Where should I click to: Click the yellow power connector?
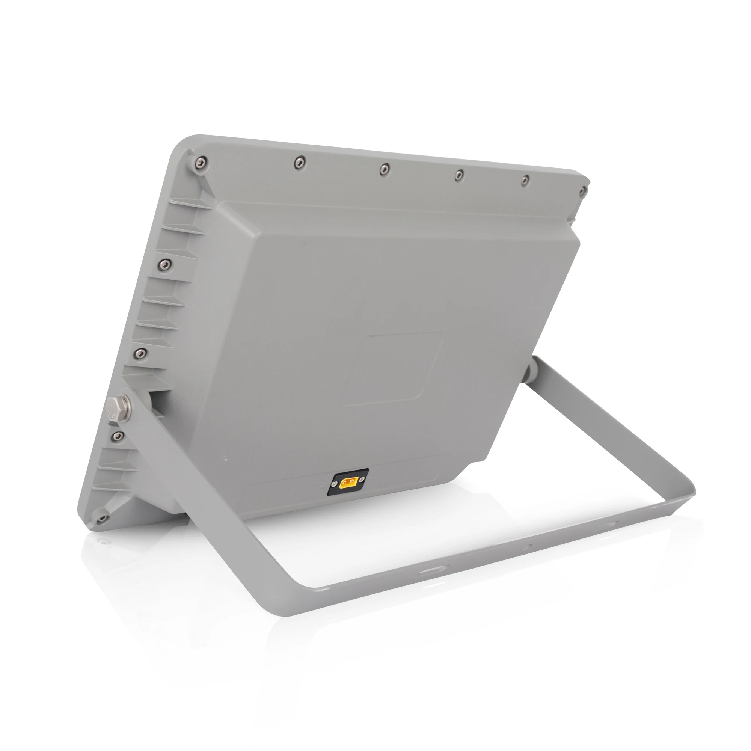[x=348, y=483]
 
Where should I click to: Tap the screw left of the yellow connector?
[x=334, y=484]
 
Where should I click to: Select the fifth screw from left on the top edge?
[x=525, y=179]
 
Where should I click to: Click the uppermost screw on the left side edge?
[x=165, y=265]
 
